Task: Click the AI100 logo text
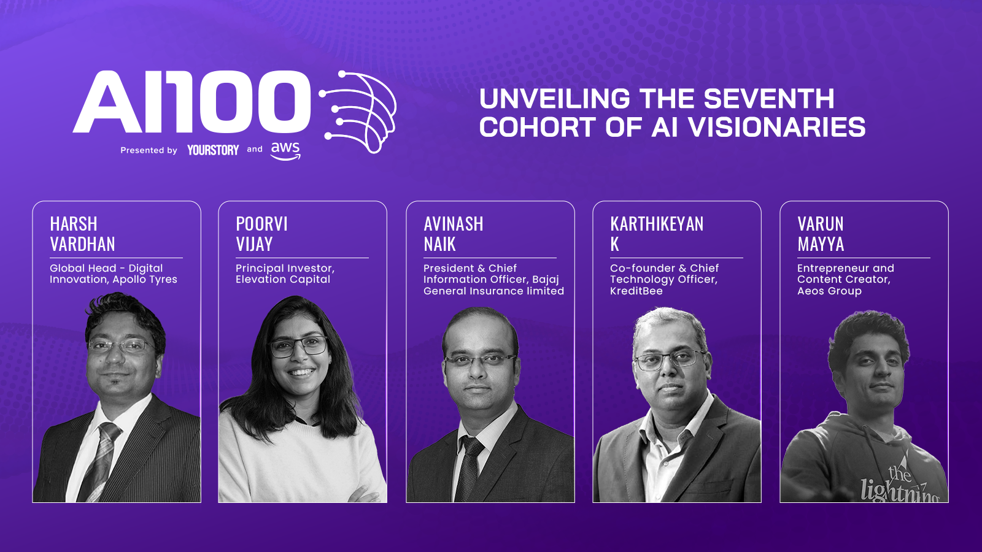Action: pyautogui.click(x=191, y=102)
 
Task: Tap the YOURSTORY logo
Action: pyautogui.click(x=213, y=150)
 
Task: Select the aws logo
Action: pyautogui.click(x=286, y=151)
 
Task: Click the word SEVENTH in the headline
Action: pyautogui.click(x=769, y=98)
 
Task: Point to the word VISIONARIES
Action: pyautogui.click(x=777, y=127)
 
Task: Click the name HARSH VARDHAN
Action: pyautogui.click(x=82, y=234)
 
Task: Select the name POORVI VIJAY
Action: pyautogui.click(x=261, y=234)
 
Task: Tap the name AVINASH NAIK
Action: pyautogui.click(x=454, y=234)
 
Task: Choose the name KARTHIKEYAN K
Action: pyautogui.click(x=657, y=234)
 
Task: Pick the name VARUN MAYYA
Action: pyautogui.click(x=821, y=234)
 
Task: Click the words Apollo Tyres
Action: pyautogui.click(x=145, y=280)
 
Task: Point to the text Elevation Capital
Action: pyautogui.click(x=283, y=280)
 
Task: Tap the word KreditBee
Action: pyautogui.click(x=636, y=291)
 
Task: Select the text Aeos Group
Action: pyautogui.click(x=829, y=291)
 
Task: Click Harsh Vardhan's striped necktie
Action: pyautogui.click(x=100, y=461)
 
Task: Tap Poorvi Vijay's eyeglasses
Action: pyautogui.click(x=299, y=346)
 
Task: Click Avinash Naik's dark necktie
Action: pyautogui.click(x=469, y=468)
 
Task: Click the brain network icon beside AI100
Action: pyautogui.click(x=358, y=112)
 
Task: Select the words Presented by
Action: pyautogui.click(x=149, y=150)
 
